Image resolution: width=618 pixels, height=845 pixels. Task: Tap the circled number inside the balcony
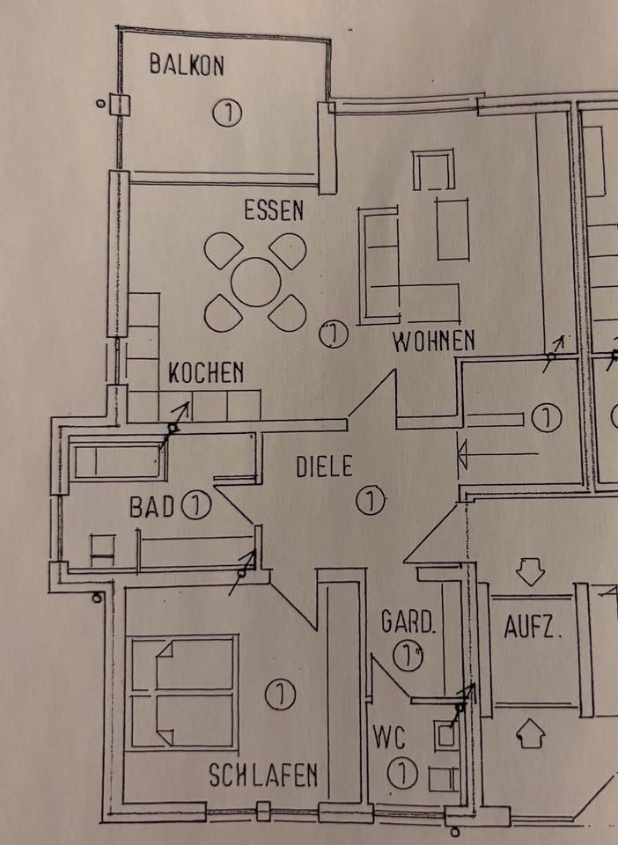pos(226,113)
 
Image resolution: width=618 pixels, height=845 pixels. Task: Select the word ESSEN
pos(273,210)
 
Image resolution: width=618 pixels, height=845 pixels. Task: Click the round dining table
pos(256,282)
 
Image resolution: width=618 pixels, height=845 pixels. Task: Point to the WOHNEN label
pos(433,340)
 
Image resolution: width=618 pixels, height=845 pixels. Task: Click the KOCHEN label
pos(206,373)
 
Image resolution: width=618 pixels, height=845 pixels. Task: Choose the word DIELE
pos(322,464)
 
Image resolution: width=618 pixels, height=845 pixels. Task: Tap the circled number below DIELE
pos(372,500)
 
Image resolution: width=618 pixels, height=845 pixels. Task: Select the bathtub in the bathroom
pos(115,461)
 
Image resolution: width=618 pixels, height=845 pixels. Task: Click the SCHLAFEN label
pos(262,775)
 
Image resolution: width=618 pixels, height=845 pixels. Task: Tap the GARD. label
pos(408,622)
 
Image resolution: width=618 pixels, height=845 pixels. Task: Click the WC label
pos(387,734)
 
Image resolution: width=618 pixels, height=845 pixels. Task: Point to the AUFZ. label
pos(533,628)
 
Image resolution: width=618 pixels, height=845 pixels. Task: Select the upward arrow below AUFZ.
pos(529,732)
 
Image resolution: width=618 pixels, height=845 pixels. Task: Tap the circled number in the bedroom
pos(279,694)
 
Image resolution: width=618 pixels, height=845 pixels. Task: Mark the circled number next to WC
pos(401,774)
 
